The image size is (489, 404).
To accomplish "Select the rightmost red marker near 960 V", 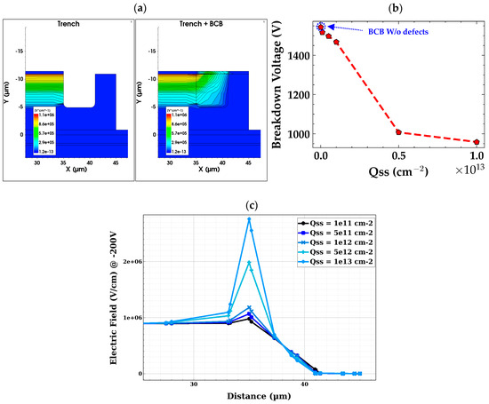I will pos(477,142).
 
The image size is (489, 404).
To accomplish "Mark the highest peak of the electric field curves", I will pos(250,218).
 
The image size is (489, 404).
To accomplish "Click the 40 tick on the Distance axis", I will pos(305,383).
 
